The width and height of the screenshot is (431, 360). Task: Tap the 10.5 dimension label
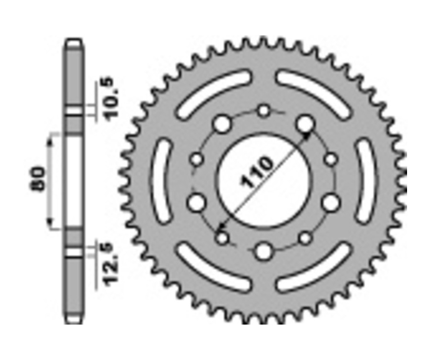click(x=112, y=98)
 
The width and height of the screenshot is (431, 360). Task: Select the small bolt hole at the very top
click(x=264, y=111)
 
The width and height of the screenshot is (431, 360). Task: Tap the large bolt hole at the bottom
click(x=263, y=251)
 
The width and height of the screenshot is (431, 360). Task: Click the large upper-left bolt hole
click(x=221, y=124)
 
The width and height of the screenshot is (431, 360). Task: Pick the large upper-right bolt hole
click(x=304, y=124)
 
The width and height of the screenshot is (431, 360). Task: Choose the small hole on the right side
click(x=331, y=159)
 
